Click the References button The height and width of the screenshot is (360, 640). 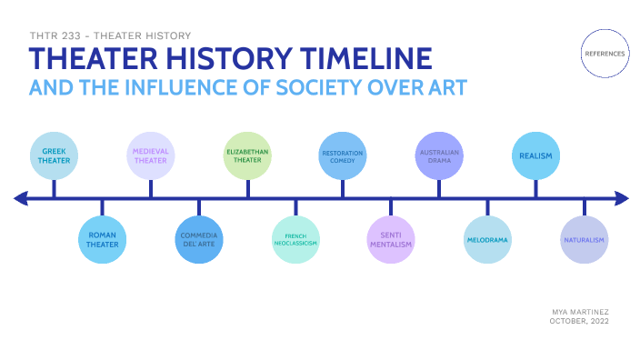pos(605,54)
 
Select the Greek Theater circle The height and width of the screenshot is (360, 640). pos(54,155)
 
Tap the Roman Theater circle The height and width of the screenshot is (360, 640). pos(102,240)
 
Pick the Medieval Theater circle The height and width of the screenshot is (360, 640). pos(150,155)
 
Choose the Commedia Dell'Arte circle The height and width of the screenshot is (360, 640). pos(198,240)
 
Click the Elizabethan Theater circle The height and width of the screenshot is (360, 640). pos(247,155)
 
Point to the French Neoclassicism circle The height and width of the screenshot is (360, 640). pos(295,240)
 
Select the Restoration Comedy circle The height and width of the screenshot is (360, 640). pos(343,155)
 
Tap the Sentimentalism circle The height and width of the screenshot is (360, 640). pos(391,240)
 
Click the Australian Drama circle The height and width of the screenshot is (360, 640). pos(439,155)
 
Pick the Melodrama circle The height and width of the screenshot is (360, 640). pos(487,240)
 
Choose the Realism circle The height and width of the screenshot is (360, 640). pos(535,155)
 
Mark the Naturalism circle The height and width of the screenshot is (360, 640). pos(584,240)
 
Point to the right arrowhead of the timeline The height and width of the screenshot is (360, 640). pos(621,197)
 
